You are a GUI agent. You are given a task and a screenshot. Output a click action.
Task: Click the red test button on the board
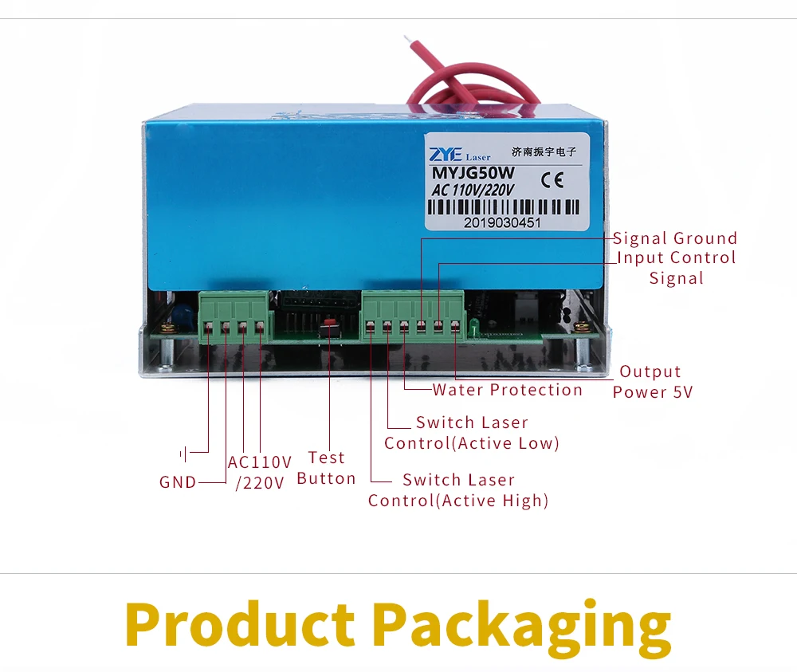point(328,329)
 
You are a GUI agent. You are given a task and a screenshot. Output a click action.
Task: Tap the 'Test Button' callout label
point(326,468)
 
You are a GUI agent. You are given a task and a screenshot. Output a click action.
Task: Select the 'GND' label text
point(178,482)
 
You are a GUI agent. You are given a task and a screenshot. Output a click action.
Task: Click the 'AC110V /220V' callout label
point(260,472)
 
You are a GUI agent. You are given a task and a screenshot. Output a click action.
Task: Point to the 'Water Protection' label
point(508,390)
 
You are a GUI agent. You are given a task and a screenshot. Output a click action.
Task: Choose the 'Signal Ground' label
point(675,238)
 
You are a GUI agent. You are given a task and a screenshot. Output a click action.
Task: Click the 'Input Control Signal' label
point(676,267)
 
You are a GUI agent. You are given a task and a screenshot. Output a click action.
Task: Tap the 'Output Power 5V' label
point(651,382)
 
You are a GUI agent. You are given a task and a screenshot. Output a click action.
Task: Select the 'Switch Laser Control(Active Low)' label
point(472,433)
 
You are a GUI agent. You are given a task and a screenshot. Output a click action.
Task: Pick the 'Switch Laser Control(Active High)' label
point(458,490)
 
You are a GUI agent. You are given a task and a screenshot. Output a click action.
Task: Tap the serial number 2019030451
point(502,223)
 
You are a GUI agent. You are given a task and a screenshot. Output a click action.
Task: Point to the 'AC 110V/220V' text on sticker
point(473,190)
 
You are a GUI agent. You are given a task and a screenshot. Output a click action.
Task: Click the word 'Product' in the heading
point(240,624)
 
